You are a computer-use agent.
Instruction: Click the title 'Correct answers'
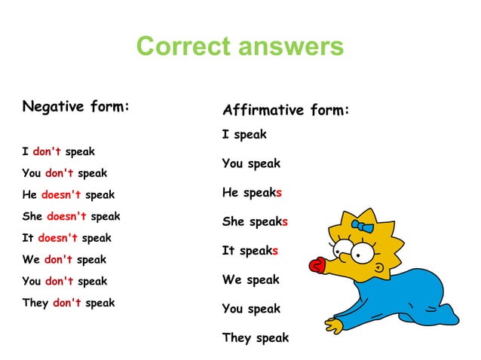(x=240, y=47)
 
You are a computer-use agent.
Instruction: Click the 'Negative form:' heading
(x=76, y=106)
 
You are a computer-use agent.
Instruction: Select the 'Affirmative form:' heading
(x=286, y=111)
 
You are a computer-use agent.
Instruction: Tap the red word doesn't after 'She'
(x=66, y=216)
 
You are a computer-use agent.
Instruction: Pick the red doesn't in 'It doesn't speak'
(x=58, y=238)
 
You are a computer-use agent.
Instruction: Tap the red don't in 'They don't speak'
(x=66, y=303)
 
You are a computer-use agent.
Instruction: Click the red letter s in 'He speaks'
(x=279, y=193)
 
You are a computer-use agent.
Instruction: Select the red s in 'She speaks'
(x=285, y=222)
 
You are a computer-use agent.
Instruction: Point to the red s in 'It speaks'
(x=275, y=251)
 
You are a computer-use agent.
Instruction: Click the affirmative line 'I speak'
(x=244, y=135)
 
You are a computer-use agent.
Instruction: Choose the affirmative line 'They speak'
(x=255, y=337)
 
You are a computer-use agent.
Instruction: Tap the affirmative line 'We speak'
(x=250, y=279)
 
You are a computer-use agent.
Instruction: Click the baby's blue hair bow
(x=364, y=226)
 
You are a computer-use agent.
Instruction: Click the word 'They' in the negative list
(x=35, y=303)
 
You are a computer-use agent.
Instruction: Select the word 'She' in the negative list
(x=32, y=216)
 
